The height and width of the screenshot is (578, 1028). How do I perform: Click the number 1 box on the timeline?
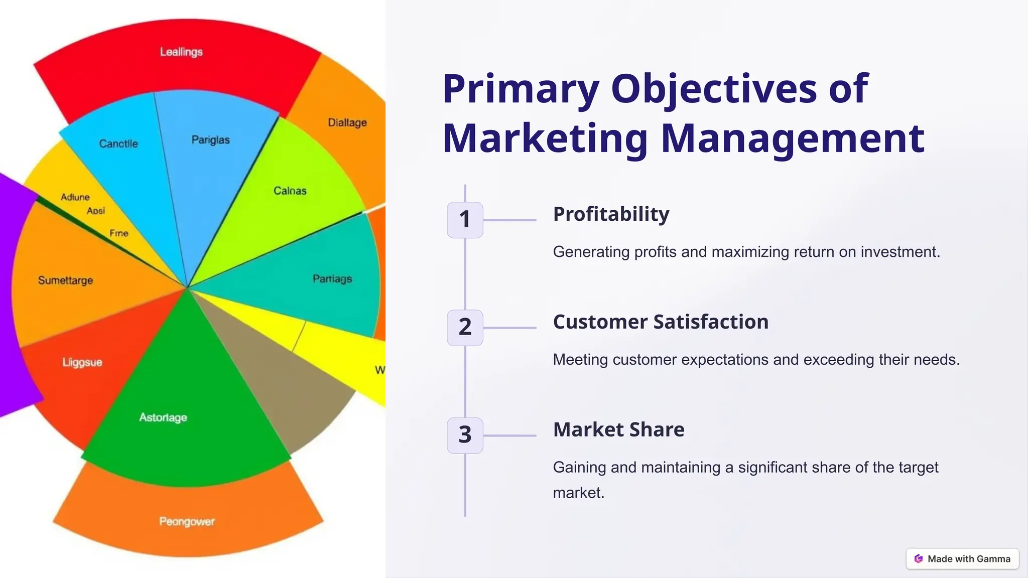(x=465, y=220)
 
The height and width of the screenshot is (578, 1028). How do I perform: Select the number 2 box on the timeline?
(x=465, y=328)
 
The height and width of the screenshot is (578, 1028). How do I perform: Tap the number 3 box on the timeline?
(x=465, y=435)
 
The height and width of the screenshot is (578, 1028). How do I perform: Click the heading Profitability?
(x=611, y=214)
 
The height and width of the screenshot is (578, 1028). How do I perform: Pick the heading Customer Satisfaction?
(x=661, y=322)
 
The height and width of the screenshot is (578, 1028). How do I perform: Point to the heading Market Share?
(x=618, y=430)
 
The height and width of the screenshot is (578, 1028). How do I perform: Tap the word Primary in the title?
(x=521, y=89)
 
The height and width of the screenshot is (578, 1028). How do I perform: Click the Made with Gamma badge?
(x=962, y=558)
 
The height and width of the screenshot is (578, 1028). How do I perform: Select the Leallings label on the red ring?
(x=181, y=52)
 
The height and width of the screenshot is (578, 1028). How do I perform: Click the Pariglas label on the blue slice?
(x=210, y=140)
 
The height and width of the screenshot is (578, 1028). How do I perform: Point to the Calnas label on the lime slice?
(x=290, y=191)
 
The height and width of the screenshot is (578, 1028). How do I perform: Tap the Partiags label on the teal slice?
(x=332, y=279)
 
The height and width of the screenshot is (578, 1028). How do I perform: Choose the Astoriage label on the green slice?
(x=163, y=417)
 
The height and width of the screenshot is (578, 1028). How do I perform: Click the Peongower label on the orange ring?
(x=187, y=522)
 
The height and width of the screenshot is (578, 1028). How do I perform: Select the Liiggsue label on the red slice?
(x=82, y=362)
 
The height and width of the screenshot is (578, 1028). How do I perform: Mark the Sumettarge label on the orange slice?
(x=65, y=280)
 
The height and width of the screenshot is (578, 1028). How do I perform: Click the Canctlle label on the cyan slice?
(x=118, y=144)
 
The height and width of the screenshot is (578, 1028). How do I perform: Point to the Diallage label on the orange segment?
(x=347, y=123)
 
